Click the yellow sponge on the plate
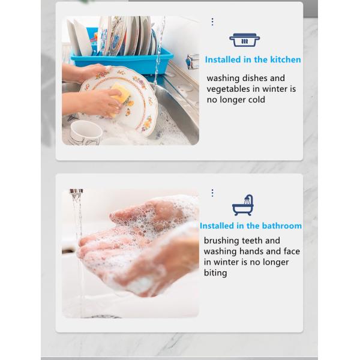tap(120, 97)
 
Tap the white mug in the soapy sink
tap(86, 133)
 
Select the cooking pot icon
tap(245, 40)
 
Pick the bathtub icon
tap(243, 205)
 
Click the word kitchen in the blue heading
tap(286, 59)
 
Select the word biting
tap(215, 273)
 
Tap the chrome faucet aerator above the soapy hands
tap(76, 191)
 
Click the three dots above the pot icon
tap(212, 22)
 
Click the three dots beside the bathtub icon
tap(212, 193)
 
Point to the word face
tap(292, 251)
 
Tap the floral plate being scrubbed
tap(119, 100)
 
